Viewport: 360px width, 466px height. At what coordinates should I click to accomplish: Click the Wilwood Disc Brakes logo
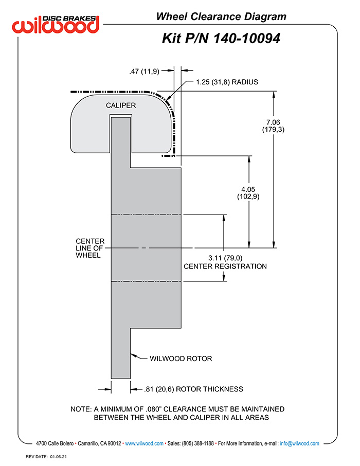tap(56, 24)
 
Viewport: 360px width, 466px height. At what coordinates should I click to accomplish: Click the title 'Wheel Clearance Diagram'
tap(221, 16)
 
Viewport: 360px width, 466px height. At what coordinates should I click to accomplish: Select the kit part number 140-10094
tap(247, 39)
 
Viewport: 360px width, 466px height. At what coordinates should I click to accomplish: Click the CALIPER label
tap(121, 105)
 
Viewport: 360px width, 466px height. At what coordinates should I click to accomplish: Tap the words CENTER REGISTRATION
tap(225, 266)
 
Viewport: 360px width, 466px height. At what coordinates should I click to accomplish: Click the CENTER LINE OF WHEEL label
tap(90, 248)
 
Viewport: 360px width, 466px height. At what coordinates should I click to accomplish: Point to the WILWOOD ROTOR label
tap(181, 359)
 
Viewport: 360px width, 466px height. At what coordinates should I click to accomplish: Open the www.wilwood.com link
tap(144, 443)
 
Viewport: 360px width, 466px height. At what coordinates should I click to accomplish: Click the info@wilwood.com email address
tap(299, 443)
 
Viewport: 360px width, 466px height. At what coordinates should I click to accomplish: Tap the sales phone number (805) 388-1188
tap(197, 443)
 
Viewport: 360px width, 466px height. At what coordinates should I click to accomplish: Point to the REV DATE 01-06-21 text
tap(46, 457)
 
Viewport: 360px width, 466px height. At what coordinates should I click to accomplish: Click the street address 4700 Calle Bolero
tap(55, 443)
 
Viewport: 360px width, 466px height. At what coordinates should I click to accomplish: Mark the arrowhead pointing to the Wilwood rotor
tap(133, 355)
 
